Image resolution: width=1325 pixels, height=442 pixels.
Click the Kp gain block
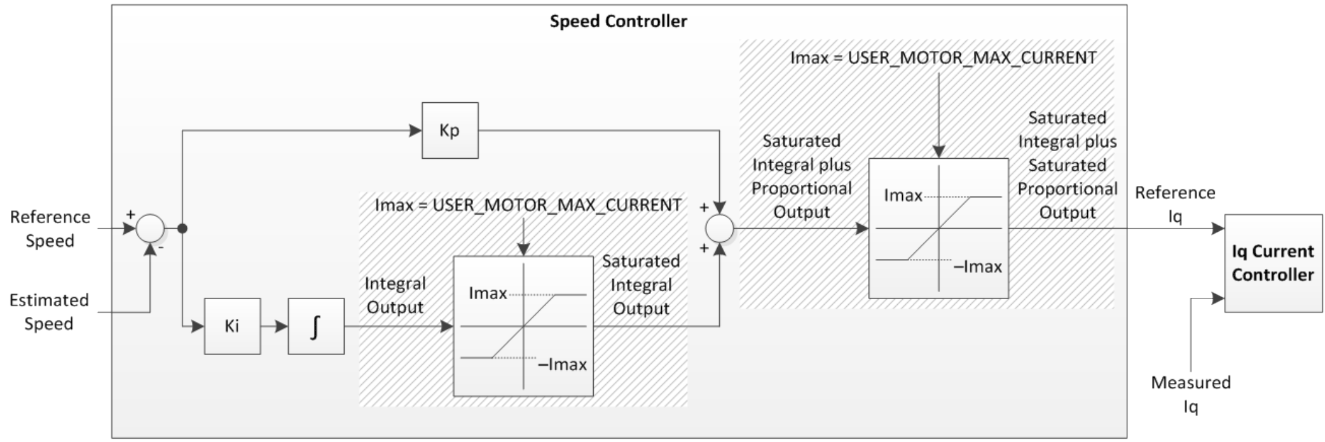click(450, 131)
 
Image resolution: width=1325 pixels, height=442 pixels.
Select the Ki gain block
click(232, 326)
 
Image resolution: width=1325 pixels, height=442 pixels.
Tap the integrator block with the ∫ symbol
click(316, 326)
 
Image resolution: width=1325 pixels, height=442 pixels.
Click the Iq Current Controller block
click(1273, 263)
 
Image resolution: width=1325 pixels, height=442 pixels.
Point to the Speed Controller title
click(618, 22)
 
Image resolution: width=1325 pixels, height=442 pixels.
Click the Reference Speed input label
click(50, 229)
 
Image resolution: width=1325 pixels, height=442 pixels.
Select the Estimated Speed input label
click(49, 312)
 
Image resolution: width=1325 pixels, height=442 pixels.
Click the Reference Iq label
click(1175, 204)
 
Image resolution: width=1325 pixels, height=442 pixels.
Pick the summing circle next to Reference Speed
click(151, 229)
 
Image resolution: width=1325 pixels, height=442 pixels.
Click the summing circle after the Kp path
click(720, 229)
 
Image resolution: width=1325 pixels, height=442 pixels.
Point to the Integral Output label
click(395, 295)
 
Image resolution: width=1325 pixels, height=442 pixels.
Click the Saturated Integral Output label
click(641, 285)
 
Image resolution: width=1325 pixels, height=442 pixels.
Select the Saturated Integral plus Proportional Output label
click(801, 177)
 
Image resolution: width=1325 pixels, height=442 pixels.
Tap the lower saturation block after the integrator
click(523, 326)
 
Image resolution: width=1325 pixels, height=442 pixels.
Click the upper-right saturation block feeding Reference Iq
click(938, 228)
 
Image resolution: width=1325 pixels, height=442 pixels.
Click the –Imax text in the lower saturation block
click(562, 365)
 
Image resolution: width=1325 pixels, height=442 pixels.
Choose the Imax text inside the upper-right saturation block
click(903, 196)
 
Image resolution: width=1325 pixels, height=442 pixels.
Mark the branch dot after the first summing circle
click(182, 229)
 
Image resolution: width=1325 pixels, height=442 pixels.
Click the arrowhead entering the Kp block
click(416, 131)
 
